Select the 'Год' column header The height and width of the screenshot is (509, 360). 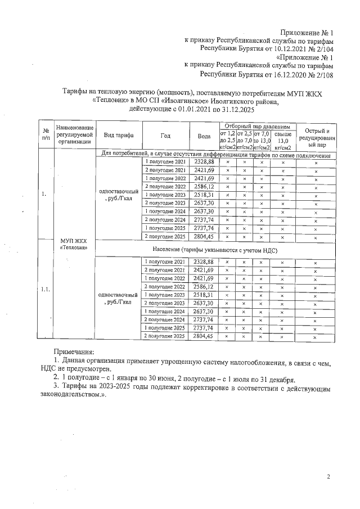coord(165,136)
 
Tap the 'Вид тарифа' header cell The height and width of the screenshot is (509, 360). coord(118,136)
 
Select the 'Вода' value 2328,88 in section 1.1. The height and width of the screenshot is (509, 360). coord(204,262)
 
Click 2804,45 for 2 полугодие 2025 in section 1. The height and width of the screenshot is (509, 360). coord(204,237)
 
